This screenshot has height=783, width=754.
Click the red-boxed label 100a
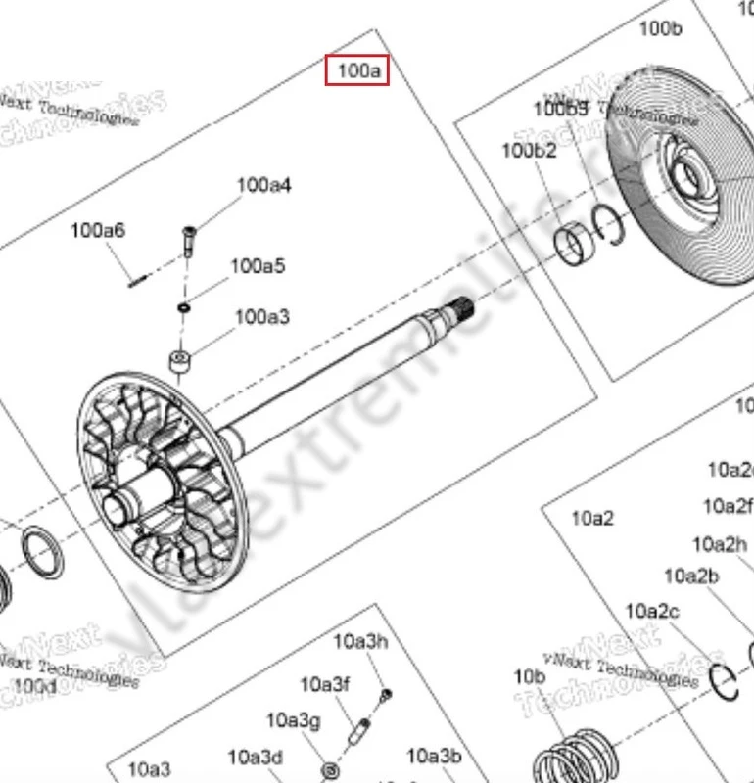tap(357, 70)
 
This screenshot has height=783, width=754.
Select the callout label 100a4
tap(263, 185)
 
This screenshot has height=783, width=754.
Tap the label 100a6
tap(97, 231)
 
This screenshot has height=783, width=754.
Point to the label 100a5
tap(258, 266)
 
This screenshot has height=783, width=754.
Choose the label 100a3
tap(261, 316)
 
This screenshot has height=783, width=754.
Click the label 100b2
tap(529, 150)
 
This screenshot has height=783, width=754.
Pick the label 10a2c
tap(652, 612)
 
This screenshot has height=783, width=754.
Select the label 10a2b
tap(691, 576)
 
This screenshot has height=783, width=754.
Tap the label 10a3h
tap(360, 642)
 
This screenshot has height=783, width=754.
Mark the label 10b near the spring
tap(529, 676)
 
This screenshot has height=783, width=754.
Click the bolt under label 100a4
tap(188, 239)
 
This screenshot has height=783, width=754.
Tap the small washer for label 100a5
tap(183, 308)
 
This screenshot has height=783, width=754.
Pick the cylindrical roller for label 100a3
tap(178, 363)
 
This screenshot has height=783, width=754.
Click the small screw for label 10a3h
tap(386, 694)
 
